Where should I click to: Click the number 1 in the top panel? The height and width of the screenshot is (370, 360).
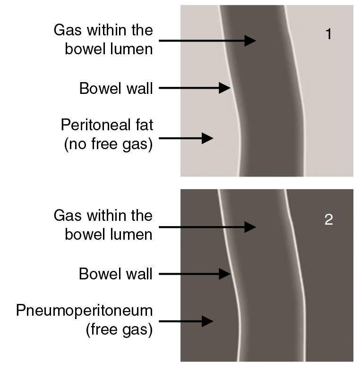click(x=329, y=34)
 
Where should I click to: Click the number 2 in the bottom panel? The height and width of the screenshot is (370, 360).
click(x=329, y=219)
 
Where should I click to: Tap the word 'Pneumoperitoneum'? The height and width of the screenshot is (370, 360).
click(x=84, y=311)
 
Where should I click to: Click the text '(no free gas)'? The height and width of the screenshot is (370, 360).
click(x=109, y=144)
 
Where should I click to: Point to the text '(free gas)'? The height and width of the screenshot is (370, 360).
click(x=119, y=329)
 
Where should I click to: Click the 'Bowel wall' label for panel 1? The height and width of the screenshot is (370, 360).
click(x=116, y=89)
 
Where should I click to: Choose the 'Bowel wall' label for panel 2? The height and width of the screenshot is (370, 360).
click(x=116, y=274)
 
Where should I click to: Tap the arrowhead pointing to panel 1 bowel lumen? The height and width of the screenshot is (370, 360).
click(x=250, y=41)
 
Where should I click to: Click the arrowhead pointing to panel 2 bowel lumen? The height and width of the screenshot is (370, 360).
click(x=250, y=227)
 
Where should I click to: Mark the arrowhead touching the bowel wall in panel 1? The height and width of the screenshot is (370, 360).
click(x=224, y=88)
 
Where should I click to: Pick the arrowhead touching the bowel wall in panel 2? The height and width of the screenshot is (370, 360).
click(x=224, y=274)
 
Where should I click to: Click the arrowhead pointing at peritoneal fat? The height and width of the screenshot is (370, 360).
click(x=207, y=138)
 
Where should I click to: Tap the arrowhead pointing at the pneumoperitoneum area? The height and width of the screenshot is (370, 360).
click(x=207, y=321)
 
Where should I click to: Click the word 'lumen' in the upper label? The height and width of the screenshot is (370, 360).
click(x=131, y=49)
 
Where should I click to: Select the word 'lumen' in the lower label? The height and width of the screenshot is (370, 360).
click(x=131, y=235)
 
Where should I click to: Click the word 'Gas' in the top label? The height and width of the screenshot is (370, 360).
click(x=68, y=30)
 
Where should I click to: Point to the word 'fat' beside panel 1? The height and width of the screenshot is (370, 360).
click(x=144, y=125)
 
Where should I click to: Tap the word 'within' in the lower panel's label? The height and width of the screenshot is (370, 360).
click(x=107, y=216)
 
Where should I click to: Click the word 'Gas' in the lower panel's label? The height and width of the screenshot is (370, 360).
click(x=68, y=216)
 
